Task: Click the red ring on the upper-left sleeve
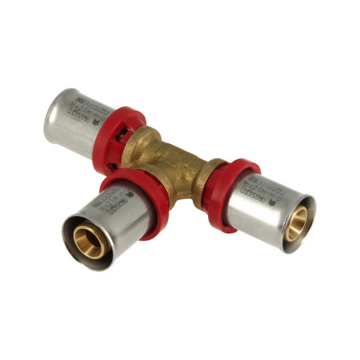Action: pos(133,120)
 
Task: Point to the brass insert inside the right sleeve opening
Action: pos(299,220)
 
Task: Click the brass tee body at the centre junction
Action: pos(174,159)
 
